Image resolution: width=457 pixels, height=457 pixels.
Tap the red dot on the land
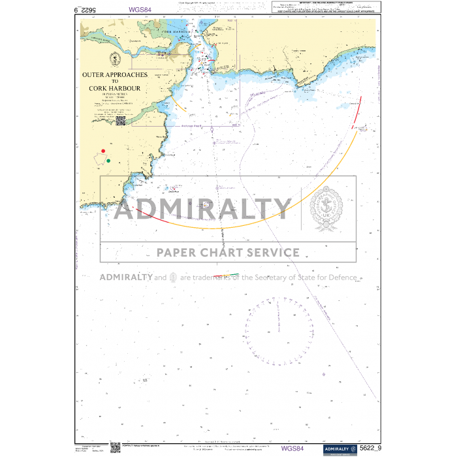coord(103,151)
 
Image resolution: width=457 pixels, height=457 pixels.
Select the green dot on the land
coord(108,161)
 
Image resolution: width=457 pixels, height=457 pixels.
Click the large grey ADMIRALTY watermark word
coord(203,209)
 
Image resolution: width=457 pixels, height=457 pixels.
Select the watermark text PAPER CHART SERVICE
coord(228,253)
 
